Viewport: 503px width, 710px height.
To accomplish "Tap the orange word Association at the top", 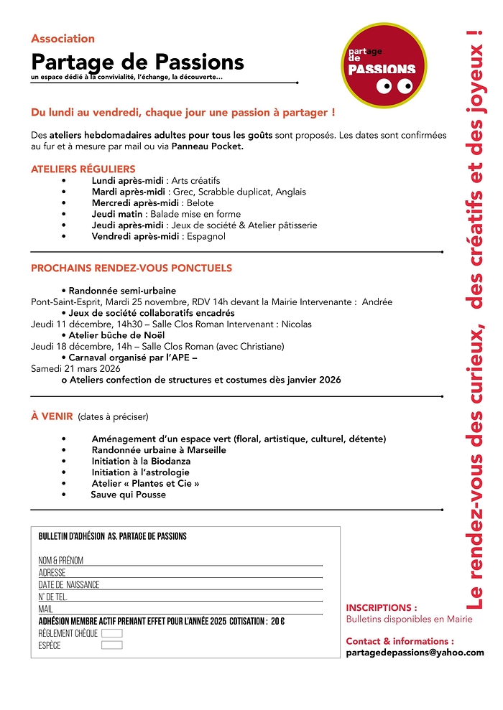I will point(63,39).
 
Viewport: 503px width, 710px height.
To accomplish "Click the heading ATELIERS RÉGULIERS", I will point(83,169).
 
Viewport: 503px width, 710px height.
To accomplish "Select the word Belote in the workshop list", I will point(200,203).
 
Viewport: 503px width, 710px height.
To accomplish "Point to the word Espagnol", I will point(206,236).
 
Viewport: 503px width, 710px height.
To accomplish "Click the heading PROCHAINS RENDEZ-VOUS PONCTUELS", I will point(131,268).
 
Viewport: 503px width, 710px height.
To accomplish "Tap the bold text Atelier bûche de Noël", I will point(116,335).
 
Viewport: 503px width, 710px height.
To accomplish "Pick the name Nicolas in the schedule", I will point(296,324).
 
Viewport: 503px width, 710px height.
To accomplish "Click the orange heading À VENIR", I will point(52,416).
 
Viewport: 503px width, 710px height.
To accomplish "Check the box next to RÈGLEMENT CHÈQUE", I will point(112,633).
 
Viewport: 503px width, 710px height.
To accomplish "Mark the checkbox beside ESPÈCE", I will point(112,645).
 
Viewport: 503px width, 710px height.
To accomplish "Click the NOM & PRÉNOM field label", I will point(61,561).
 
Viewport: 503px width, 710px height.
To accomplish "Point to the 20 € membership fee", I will point(277,621).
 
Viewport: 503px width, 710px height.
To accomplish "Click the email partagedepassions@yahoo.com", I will point(415,653).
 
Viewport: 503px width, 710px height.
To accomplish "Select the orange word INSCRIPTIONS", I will point(381,607).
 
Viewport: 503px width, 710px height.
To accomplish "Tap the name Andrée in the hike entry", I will point(377,302).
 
